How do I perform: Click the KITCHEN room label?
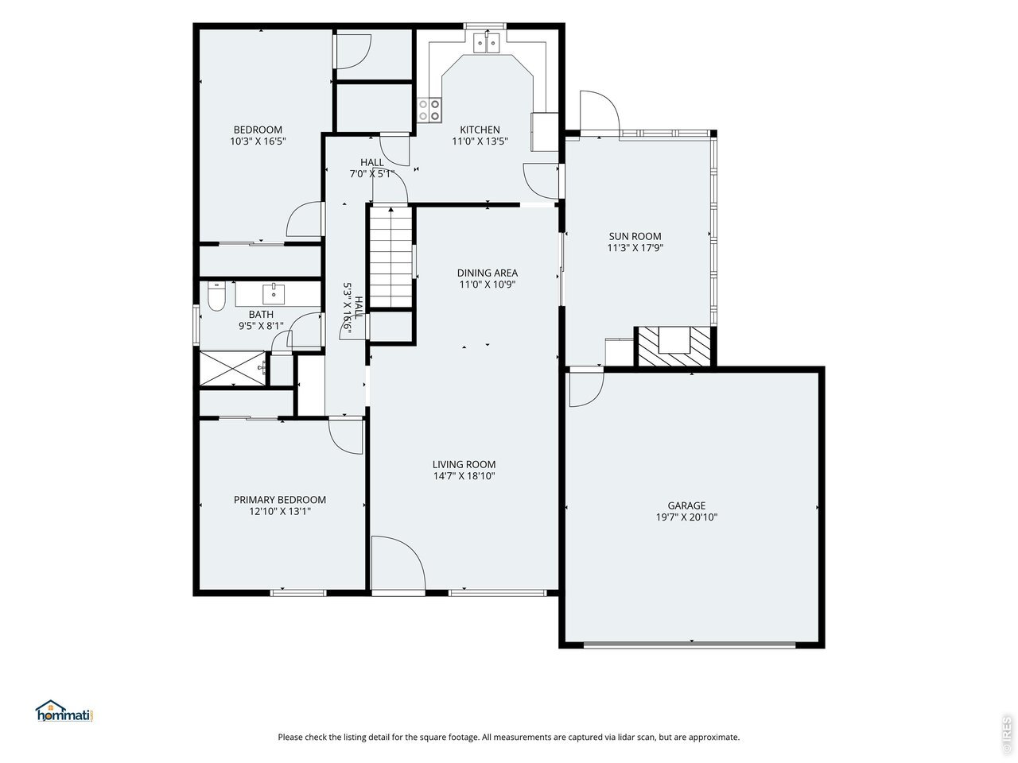point(480,130)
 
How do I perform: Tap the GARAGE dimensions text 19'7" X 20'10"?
point(686,517)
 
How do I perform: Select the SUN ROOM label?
point(635,236)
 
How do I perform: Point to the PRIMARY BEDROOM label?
point(280,500)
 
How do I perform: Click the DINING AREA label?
point(488,273)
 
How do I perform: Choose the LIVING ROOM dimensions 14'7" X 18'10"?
point(464,476)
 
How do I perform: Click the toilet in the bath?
point(216,296)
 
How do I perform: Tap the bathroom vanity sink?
point(274,294)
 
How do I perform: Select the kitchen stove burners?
point(429,110)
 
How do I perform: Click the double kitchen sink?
point(487,44)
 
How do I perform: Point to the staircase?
point(391,257)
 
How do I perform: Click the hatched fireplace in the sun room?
point(674,346)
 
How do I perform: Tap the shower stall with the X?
point(233,368)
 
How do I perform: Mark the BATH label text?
point(261,315)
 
